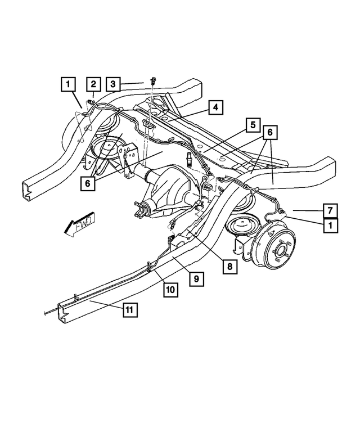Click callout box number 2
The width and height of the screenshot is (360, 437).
93,85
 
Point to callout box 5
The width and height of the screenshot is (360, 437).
253,125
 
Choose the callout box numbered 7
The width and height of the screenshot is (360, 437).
331,211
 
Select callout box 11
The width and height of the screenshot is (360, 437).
129,309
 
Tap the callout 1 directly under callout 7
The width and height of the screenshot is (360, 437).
331,225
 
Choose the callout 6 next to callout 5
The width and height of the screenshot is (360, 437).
271,132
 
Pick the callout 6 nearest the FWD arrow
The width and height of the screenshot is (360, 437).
88,183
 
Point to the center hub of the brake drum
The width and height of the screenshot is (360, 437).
281,249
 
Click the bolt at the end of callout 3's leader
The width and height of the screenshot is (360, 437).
153,83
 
